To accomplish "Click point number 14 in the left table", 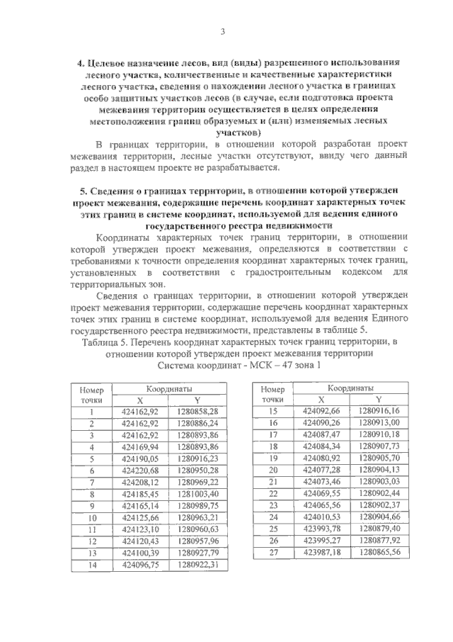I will click(92, 565).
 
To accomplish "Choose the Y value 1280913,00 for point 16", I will click(379, 423).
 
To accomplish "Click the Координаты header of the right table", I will click(350, 388).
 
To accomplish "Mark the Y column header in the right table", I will click(379, 400).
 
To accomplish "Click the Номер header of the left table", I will click(92, 389).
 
